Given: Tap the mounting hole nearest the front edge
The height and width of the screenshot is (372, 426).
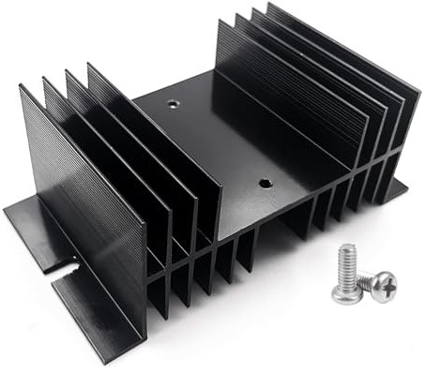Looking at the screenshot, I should (x=264, y=186).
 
